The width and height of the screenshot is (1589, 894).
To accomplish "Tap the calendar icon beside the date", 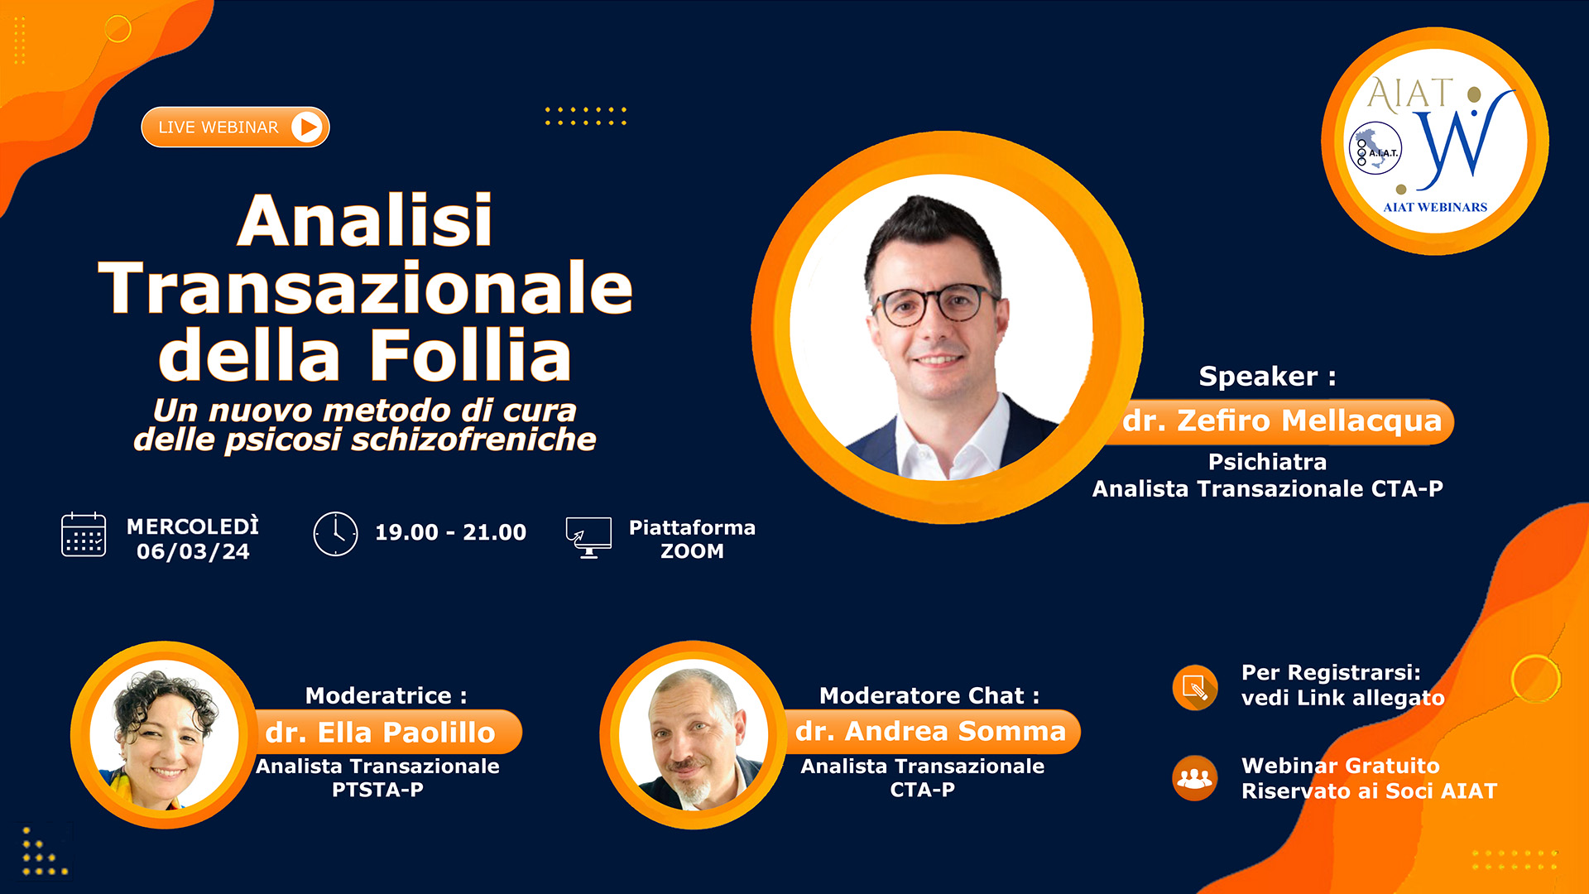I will tap(84, 535).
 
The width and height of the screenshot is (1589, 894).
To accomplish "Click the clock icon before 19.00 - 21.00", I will tap(335, 534).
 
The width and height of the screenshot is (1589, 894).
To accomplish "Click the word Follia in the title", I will tap(470, 355).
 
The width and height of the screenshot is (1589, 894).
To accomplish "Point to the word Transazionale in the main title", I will tap(365, 288).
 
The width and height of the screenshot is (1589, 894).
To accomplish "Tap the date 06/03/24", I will tap(193, 552).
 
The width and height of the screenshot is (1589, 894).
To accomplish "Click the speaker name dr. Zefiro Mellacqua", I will tap(1282, 421).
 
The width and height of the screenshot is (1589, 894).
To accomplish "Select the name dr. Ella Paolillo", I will tap(380, 733).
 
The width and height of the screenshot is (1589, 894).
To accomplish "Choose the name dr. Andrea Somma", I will tap(930, 732).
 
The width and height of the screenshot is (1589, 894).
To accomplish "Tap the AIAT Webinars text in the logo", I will tap(1435, 208).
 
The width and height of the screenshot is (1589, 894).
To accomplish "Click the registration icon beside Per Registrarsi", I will tap(1194, 687).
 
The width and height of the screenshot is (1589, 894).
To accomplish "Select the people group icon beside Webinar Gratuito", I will tap(1194, 778).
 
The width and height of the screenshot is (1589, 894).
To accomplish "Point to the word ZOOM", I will tap(692, 551).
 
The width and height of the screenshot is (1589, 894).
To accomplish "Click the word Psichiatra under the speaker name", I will tap(1267, 462).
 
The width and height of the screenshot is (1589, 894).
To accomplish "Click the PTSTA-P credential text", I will tap(377, 790).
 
